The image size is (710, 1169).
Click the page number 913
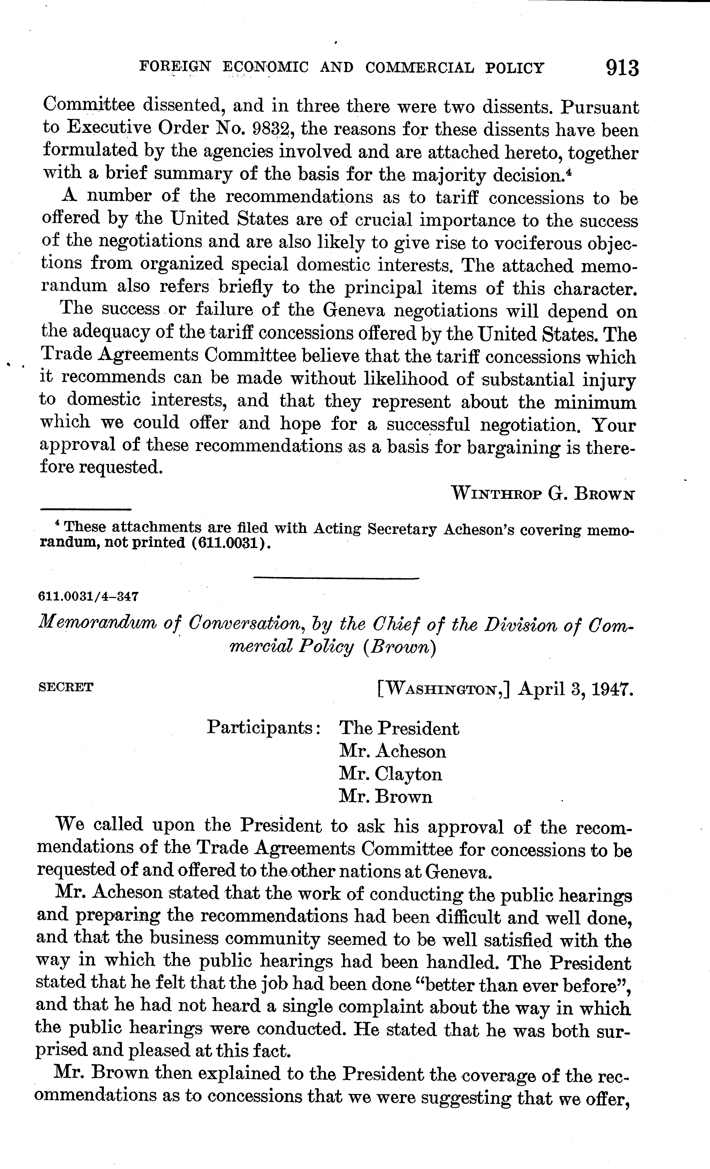(x=622, y=68)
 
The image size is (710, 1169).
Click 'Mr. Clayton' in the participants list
(x=390, y=774)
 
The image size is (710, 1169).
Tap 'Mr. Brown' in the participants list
(x=385, y=797)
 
